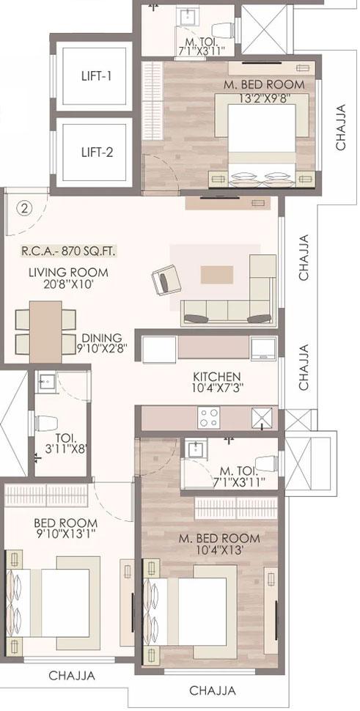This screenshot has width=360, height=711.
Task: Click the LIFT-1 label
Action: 97,75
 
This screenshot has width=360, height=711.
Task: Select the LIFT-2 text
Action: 97,152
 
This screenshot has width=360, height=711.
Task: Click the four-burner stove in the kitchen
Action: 209,418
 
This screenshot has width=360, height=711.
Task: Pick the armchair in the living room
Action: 164,281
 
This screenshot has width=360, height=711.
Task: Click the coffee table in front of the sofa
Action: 218,273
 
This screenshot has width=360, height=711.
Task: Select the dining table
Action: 45,331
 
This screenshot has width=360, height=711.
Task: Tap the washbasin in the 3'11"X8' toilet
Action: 44,381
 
